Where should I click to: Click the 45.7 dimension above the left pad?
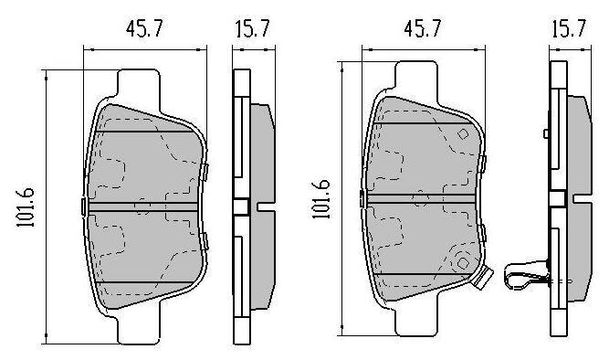pyautogui.click(x=144, y=28)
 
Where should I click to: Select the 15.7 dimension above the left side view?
pyautogui.click(x=252, y=28)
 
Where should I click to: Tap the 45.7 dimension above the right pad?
pyautogui.click(x=423, y=28)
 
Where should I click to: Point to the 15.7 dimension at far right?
pyautogui.click(x=569, y=28)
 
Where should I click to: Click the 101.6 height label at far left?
pyautogui.click(x=26, y=207)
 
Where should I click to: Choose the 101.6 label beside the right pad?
pyautogui.click(x=321, y=198)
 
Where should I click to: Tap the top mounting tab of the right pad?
pyautogui.click(x=416, y=79)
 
